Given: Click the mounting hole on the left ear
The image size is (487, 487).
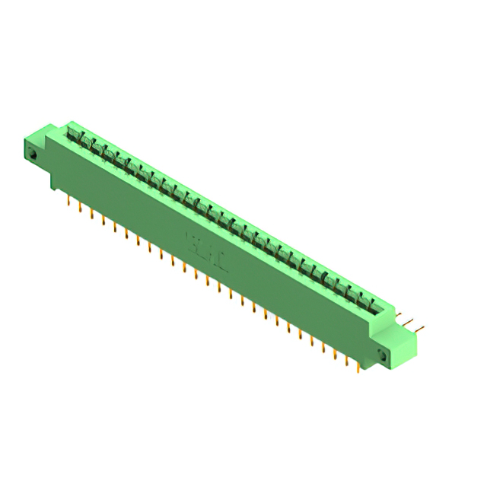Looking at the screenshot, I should (x=33, y=154).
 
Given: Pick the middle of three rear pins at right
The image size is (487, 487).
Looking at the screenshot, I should (x=412, y=323).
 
